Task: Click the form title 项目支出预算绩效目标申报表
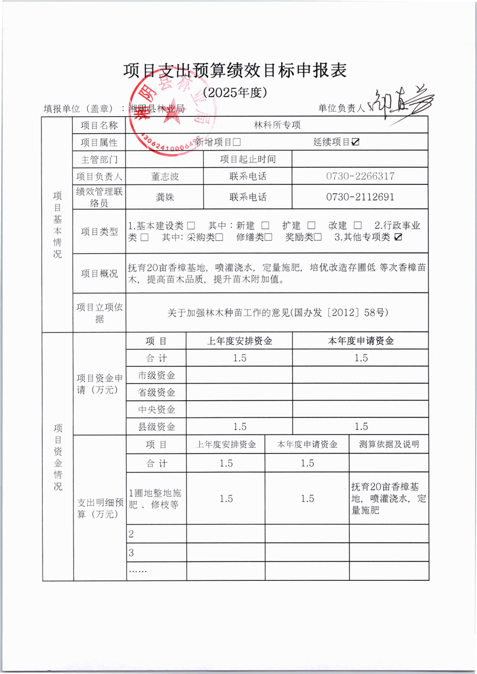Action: (235, 71)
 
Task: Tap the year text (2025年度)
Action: (235, 93)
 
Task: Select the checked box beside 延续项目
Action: (356, 142)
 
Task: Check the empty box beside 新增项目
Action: (236, 142)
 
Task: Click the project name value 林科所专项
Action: (277, 125)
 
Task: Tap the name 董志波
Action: (165, 177)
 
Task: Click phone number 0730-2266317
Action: (360, 177)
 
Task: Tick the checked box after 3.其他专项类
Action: (398, 237)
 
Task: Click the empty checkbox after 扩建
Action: (311, 226)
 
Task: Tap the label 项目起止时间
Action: (248, 159)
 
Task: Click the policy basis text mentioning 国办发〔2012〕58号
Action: (278, 312)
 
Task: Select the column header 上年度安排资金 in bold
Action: (239, 341)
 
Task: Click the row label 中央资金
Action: (156, 409)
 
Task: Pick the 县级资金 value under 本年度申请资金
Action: (360, 426)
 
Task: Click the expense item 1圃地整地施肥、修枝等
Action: (155, 499)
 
